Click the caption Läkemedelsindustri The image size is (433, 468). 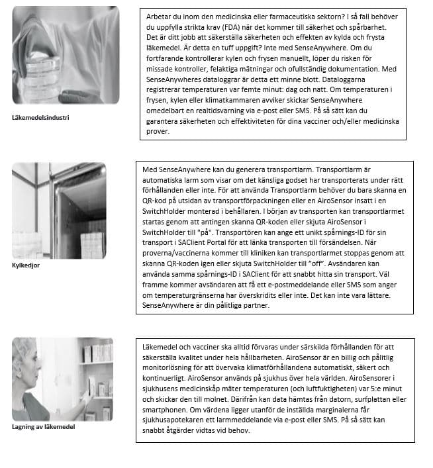41,118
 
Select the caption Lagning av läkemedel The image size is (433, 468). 43,427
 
